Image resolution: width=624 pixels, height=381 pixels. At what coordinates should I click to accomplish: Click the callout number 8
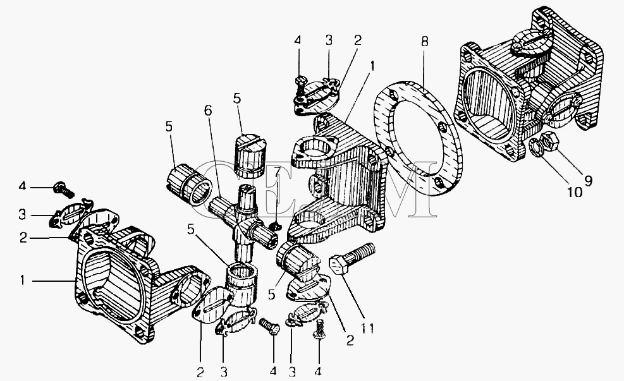click(x=425, y=42)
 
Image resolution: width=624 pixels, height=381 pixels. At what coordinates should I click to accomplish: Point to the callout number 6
click(x=208, y=111)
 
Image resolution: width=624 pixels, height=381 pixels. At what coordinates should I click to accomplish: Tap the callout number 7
click(x=277, y=172)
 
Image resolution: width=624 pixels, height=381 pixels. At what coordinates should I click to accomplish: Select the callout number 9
click(x=588, y=181)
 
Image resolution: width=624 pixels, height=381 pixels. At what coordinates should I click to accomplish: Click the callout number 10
click(x=575, y=193)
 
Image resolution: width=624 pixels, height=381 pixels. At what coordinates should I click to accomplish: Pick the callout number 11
click(x=367, y=329)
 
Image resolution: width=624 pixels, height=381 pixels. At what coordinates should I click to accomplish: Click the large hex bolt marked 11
click(x=352, y=259)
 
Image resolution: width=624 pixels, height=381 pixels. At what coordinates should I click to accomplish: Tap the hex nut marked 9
click(x=548, y=141)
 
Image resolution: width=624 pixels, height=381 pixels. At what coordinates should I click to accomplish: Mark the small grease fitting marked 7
click(x=274, y=227)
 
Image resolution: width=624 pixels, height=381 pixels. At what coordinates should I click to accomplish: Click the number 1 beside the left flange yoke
click(x=23, y=281)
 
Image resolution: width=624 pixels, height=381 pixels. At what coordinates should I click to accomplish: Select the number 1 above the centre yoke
click(x=372, y=66)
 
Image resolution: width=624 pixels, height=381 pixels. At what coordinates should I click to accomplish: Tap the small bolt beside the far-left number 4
click(x=63, y=190)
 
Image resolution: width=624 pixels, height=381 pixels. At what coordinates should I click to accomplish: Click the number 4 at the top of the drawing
click(x=298, y=40)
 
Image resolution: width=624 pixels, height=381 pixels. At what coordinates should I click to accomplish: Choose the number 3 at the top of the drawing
click(x=329, y=40)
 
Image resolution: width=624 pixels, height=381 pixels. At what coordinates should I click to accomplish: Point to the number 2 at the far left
click(x=23, y=238)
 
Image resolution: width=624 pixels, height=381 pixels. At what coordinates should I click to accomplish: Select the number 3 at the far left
click(x=22, y=215)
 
